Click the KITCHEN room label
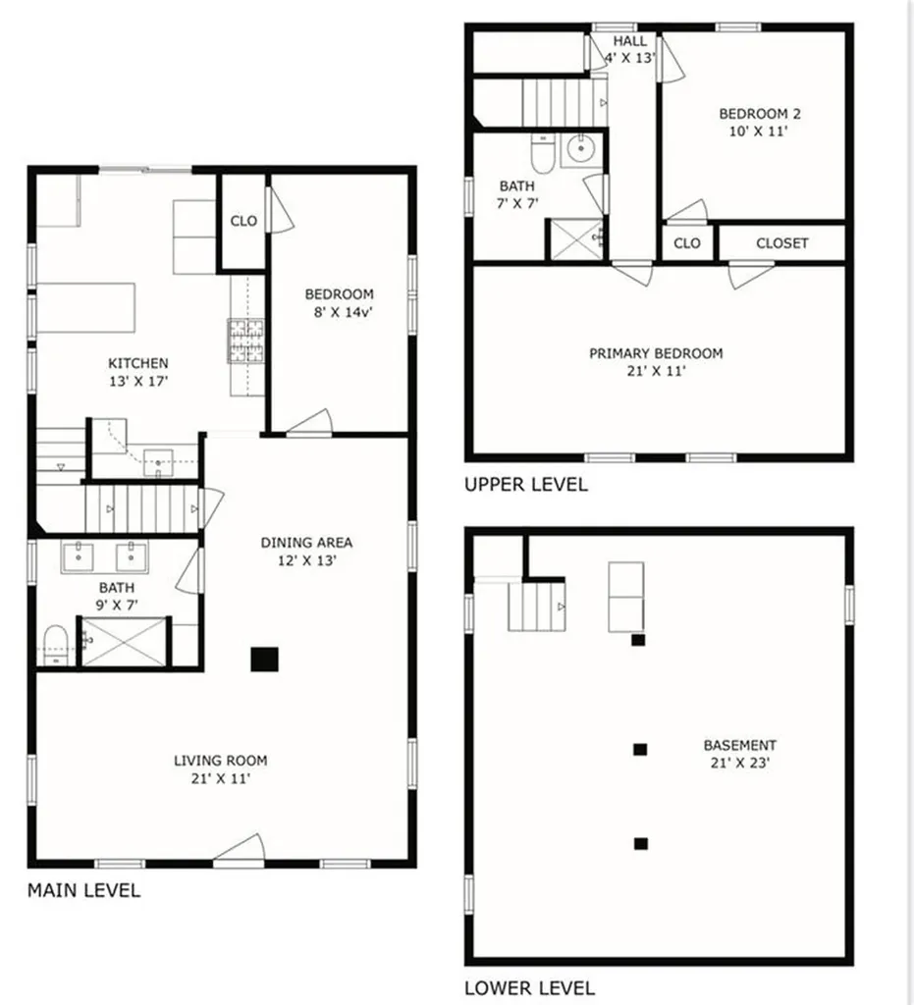coord(137,363)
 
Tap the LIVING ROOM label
coord(220,760)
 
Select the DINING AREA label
coord(305,543)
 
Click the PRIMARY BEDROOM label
coord(655,353)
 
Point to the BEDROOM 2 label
coord(753,113)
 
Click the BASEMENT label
coord(739,745)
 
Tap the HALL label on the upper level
coord(629,41)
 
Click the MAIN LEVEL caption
coord(83,891)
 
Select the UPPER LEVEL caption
coord(526,484)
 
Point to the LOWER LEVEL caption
coord(529,987)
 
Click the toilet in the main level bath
coord(55,644)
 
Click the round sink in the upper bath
coord(580,150)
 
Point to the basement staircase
coord(536,606)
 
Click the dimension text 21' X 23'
coord(739,763)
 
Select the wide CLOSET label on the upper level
coord(781,243)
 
